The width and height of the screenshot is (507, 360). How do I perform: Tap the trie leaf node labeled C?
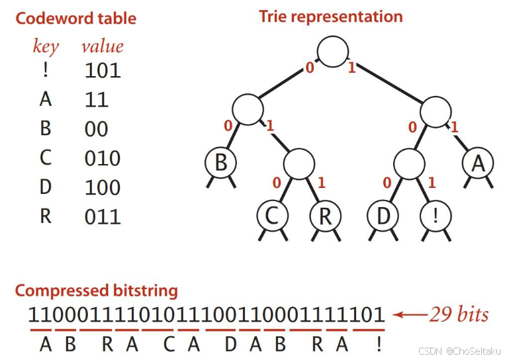click(272, 216)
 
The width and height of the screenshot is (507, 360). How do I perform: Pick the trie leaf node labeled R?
click(324, 216)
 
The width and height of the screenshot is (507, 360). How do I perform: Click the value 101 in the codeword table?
click(103, 70)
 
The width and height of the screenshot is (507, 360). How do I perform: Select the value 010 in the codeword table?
click(103, 158)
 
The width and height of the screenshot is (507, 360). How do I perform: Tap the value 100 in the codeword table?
click(103, 187)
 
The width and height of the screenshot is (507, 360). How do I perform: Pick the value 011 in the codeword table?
click(103, 216)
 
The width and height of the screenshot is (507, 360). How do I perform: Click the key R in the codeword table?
click(45, 216)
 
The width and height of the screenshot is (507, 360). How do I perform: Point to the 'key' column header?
click(46, 47)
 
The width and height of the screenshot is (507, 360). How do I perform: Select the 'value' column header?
click(102, 46)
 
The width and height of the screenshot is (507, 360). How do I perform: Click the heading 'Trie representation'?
click(330, 17)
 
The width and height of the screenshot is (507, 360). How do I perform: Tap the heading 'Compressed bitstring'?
click(97, 291)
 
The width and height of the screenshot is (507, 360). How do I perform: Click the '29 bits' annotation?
click(459, 314)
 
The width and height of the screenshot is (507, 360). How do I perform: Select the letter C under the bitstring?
click(169, 344)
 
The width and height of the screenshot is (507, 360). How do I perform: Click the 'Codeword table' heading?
click(75, 18)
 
